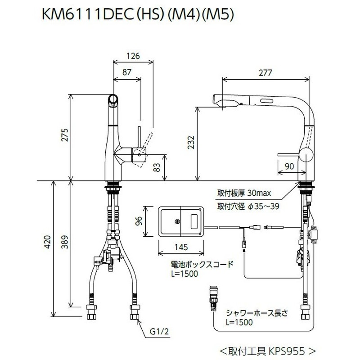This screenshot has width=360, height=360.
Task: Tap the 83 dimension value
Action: pos(157,167)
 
